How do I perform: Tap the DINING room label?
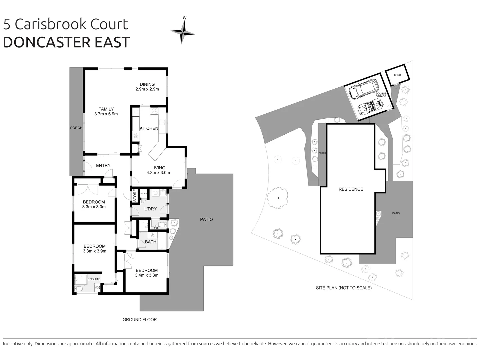(x=147, y=84)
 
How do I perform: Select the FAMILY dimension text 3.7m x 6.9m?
(x=106, y=114)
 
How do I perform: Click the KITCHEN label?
(x=149, y=128)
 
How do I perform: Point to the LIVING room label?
(x=158, y=168)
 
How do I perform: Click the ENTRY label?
(x=103, y=165)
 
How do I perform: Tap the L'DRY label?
(x=150, y=209)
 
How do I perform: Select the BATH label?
(x=151, y=242)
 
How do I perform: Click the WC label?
(x=156, y=228)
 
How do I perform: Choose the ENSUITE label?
(x=94, y=279)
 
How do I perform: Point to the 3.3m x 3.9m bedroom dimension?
(x=94, y=251)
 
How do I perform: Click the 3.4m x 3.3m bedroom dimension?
(x=147, y=275)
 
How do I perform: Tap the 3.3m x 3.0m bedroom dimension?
(x=94, y=207)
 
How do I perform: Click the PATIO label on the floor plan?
(x=206, y=219)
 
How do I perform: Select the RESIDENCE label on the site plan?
(x=351, y=189)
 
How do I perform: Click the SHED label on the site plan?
(x=397, y=75)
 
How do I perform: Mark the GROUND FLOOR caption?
(x=139, y=320)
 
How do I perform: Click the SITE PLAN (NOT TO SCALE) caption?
(x=344, y=288)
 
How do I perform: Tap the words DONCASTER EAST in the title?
(x=66, y=42)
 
